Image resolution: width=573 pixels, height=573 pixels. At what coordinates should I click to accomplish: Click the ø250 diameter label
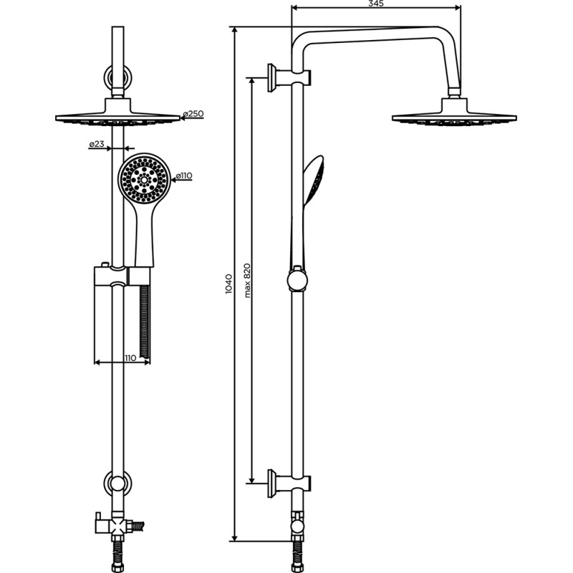(193, 114)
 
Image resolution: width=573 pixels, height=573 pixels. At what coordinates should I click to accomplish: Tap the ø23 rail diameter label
(97, 144)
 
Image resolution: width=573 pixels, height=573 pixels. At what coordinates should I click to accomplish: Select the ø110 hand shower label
(184, 176)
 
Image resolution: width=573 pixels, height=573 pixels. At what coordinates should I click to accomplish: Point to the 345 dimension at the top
(375, 4)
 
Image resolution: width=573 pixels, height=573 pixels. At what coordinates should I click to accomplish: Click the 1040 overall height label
(228, 284)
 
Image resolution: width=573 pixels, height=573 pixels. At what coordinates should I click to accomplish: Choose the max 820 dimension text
(247, 280)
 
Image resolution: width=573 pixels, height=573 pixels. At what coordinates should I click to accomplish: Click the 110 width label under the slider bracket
(130, 357)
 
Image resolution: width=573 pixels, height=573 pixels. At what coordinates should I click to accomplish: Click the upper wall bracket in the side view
(289, 77)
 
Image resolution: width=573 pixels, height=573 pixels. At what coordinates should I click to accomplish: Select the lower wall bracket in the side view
(289, 483)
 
